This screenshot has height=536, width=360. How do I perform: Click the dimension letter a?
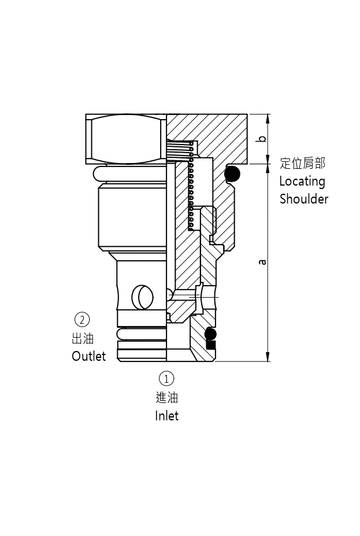[x=263, y=261]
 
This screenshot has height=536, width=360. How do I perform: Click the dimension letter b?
[x=262, y=139]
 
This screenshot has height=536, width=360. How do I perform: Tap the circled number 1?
[x=166, y=379]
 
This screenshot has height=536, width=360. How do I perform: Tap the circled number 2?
[x=82, y=319]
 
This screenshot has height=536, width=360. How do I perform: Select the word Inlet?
[x=166, y=416]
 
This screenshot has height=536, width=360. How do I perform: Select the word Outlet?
[x=88, y=356]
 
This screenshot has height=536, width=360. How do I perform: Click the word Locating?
[x=302, y=181]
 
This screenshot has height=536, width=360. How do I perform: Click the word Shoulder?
[x=303, y=199]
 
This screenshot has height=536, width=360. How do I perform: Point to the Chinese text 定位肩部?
[x=302, y=163]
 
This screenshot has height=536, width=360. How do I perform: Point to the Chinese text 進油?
[x=166, y=397]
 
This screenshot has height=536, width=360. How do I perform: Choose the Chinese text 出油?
[x=83, y=338]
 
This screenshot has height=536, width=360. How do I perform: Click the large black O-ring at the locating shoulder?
[x=232, y=173]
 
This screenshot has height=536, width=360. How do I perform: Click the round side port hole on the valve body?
[x=143, y=297]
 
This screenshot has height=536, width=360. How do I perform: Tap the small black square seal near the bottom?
[x=211, y=345]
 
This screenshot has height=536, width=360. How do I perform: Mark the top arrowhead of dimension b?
[x=268, y=118]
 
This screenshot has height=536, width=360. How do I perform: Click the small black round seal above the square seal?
[x=210, y=334]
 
